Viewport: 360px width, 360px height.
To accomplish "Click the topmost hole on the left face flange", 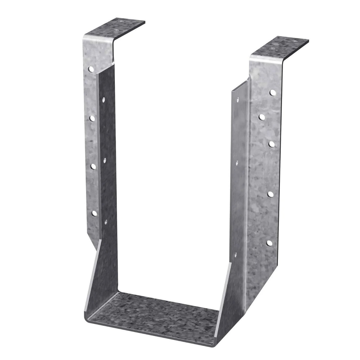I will point(91,70).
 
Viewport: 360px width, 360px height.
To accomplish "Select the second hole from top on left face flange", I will point(92,118).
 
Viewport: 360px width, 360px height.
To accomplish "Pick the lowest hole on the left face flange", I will point(94,213).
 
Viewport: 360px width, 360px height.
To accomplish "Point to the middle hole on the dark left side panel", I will point(104,160).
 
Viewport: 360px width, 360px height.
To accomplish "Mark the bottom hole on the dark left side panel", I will point(106,221).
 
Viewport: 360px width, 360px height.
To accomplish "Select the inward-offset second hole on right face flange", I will point(262,118).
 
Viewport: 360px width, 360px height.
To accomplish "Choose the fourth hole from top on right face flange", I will point(270,194).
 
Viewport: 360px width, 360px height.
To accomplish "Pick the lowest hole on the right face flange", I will point(269,243).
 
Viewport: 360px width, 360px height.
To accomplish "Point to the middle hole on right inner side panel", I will point(237,162).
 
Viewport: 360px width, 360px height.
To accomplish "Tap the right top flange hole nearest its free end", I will point(294,42).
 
